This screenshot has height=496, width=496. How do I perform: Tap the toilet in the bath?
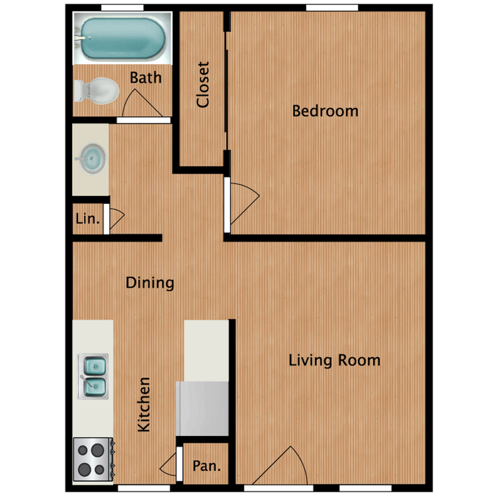[98, 91]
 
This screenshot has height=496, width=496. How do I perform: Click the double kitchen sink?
[93, 376]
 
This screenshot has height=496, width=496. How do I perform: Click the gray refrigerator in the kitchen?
[203, 408]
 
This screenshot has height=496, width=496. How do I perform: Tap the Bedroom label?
[326, 110]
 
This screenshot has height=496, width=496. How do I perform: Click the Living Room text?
[334, 360]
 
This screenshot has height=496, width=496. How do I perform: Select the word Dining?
[150, 283]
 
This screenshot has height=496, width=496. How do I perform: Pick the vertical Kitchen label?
[144, 405]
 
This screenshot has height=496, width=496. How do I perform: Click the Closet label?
[203, 85]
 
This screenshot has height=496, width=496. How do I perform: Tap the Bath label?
[146, 77]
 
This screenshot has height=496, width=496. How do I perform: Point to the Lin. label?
[87, 219]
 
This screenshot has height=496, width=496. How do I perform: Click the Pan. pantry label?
[206, 467]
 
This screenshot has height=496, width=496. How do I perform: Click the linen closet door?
[115, 219]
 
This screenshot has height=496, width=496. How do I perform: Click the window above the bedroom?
[332, 8]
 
